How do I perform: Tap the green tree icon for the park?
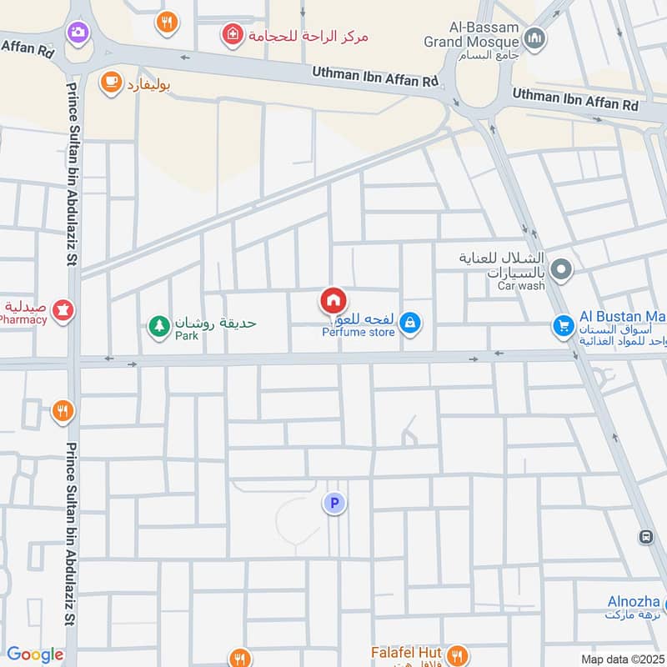click(158, 326)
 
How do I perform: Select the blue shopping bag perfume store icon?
click(409, 322)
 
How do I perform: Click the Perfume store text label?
click(359, 333)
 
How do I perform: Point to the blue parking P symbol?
click(334, 503)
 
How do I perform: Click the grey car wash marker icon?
click(562, 269)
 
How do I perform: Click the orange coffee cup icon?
click(109, 81)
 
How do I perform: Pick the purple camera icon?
click(78, 33)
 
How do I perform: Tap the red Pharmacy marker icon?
click(63, 312)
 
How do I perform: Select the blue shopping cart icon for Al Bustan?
click(564, 325)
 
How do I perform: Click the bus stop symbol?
click(645, 536)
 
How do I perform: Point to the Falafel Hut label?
click(406, 652)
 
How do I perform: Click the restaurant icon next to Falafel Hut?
click(455, 654)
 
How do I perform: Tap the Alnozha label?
click(634, 602)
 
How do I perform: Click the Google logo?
click(34, 654)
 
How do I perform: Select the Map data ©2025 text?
click(622, 659)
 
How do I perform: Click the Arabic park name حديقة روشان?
click(215, 323)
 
